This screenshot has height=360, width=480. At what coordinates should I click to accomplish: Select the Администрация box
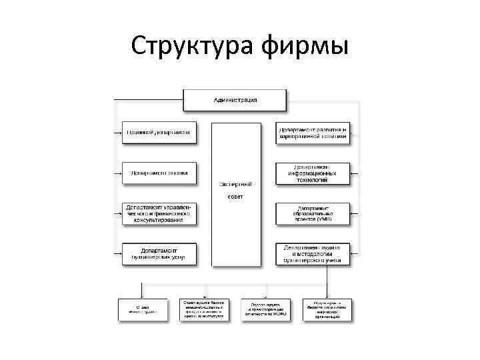[235, 100]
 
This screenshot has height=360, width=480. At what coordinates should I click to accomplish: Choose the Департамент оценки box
[159, 173]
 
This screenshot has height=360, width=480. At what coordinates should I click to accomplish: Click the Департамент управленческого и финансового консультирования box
[159, 213]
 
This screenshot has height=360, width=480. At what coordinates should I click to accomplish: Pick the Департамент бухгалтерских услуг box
[159, 253]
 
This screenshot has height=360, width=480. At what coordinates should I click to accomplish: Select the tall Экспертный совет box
[235, 193]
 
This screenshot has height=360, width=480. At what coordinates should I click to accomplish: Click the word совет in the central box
[235, 198]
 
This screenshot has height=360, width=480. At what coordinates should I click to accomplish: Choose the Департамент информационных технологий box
[313, 173]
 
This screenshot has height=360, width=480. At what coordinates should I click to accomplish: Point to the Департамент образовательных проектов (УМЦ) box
[313, 213]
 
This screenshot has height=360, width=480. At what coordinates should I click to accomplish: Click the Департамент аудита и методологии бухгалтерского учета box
[313, 253]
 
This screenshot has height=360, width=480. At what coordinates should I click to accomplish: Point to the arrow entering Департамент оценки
[119, 173]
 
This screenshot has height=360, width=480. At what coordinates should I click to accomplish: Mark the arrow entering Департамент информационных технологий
[355, 173]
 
